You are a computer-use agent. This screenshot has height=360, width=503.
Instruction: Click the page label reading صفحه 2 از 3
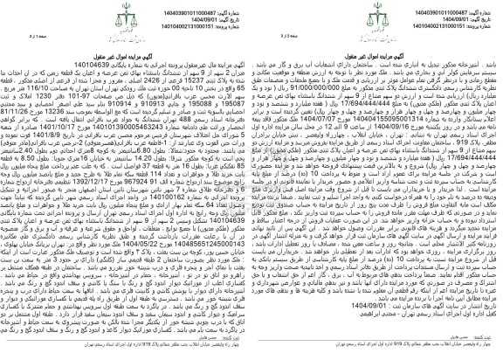click(229, 34)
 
